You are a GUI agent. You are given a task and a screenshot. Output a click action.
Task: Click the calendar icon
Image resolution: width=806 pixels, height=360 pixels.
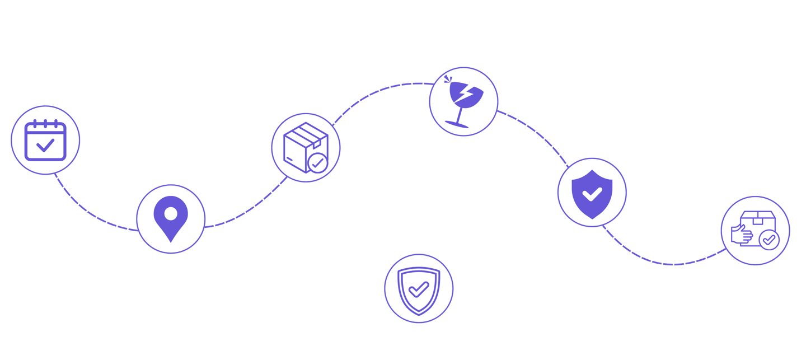(x=45, y=140)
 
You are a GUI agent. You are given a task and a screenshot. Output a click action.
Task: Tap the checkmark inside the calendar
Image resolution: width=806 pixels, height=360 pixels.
(x=45, y=146)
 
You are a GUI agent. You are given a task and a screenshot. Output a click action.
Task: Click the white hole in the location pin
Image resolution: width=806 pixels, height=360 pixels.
(x=171, y=213)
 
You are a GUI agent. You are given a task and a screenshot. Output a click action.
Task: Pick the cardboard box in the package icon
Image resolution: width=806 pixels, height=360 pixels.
(x=301, y=144)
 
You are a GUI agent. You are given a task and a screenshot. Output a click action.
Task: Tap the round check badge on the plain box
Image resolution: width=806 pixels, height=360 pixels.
(x=318, y=163)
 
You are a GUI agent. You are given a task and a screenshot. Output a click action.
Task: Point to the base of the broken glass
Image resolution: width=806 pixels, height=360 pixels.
(x=458, y=124)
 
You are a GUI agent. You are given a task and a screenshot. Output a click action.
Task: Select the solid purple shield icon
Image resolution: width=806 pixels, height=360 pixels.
(x=592, y=193)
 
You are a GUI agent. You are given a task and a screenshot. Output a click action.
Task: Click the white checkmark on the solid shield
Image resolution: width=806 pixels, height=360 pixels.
(x=592, y=194)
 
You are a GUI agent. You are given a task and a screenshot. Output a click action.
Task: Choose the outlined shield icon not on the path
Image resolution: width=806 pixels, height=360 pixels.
(x=419, y=289)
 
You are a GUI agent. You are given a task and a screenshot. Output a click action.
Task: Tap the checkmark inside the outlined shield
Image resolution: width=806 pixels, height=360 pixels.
(x=419, y=289)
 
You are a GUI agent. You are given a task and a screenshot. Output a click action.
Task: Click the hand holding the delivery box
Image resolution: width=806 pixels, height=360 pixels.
(x=742, y=234)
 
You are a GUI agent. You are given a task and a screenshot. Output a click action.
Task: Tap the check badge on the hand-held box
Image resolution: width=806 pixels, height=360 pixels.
(x=770, y=240)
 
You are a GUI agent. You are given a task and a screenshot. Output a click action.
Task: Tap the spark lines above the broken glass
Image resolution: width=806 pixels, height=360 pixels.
(x=447, y=78)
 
